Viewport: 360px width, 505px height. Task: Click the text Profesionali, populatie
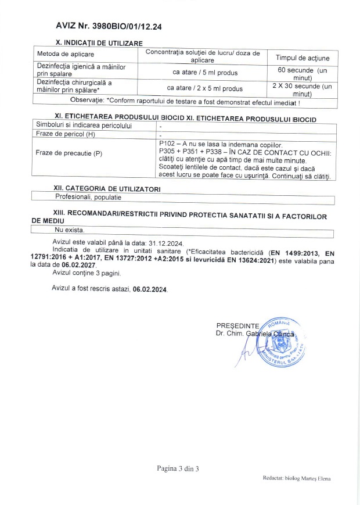click(x=81, y=198)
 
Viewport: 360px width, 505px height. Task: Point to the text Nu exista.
click(x=62, y=231)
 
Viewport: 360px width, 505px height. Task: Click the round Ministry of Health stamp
click(x=281, y=343)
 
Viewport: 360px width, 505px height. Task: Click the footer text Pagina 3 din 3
click(x=178, y=468)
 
